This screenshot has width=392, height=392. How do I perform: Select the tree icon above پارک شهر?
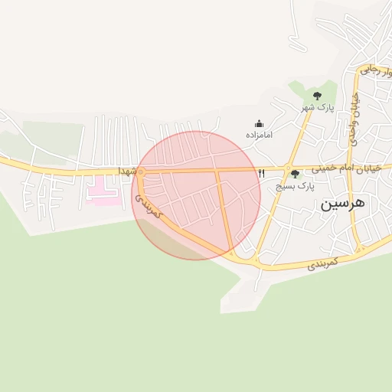point(317,95)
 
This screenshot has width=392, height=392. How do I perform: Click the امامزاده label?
point(260,134)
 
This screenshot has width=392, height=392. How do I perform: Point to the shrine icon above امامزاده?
point(260,123)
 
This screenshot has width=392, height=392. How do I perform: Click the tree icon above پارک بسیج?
point(296,175)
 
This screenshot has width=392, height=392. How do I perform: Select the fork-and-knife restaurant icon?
point(262,174)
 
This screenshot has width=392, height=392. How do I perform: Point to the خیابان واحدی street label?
point(354,115)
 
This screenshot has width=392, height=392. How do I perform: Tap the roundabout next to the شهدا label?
point(140,171)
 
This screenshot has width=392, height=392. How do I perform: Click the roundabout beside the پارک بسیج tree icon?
point(287,168)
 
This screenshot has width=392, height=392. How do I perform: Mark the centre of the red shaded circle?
point(196,195)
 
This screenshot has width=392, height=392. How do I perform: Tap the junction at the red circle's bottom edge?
point(232,252)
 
